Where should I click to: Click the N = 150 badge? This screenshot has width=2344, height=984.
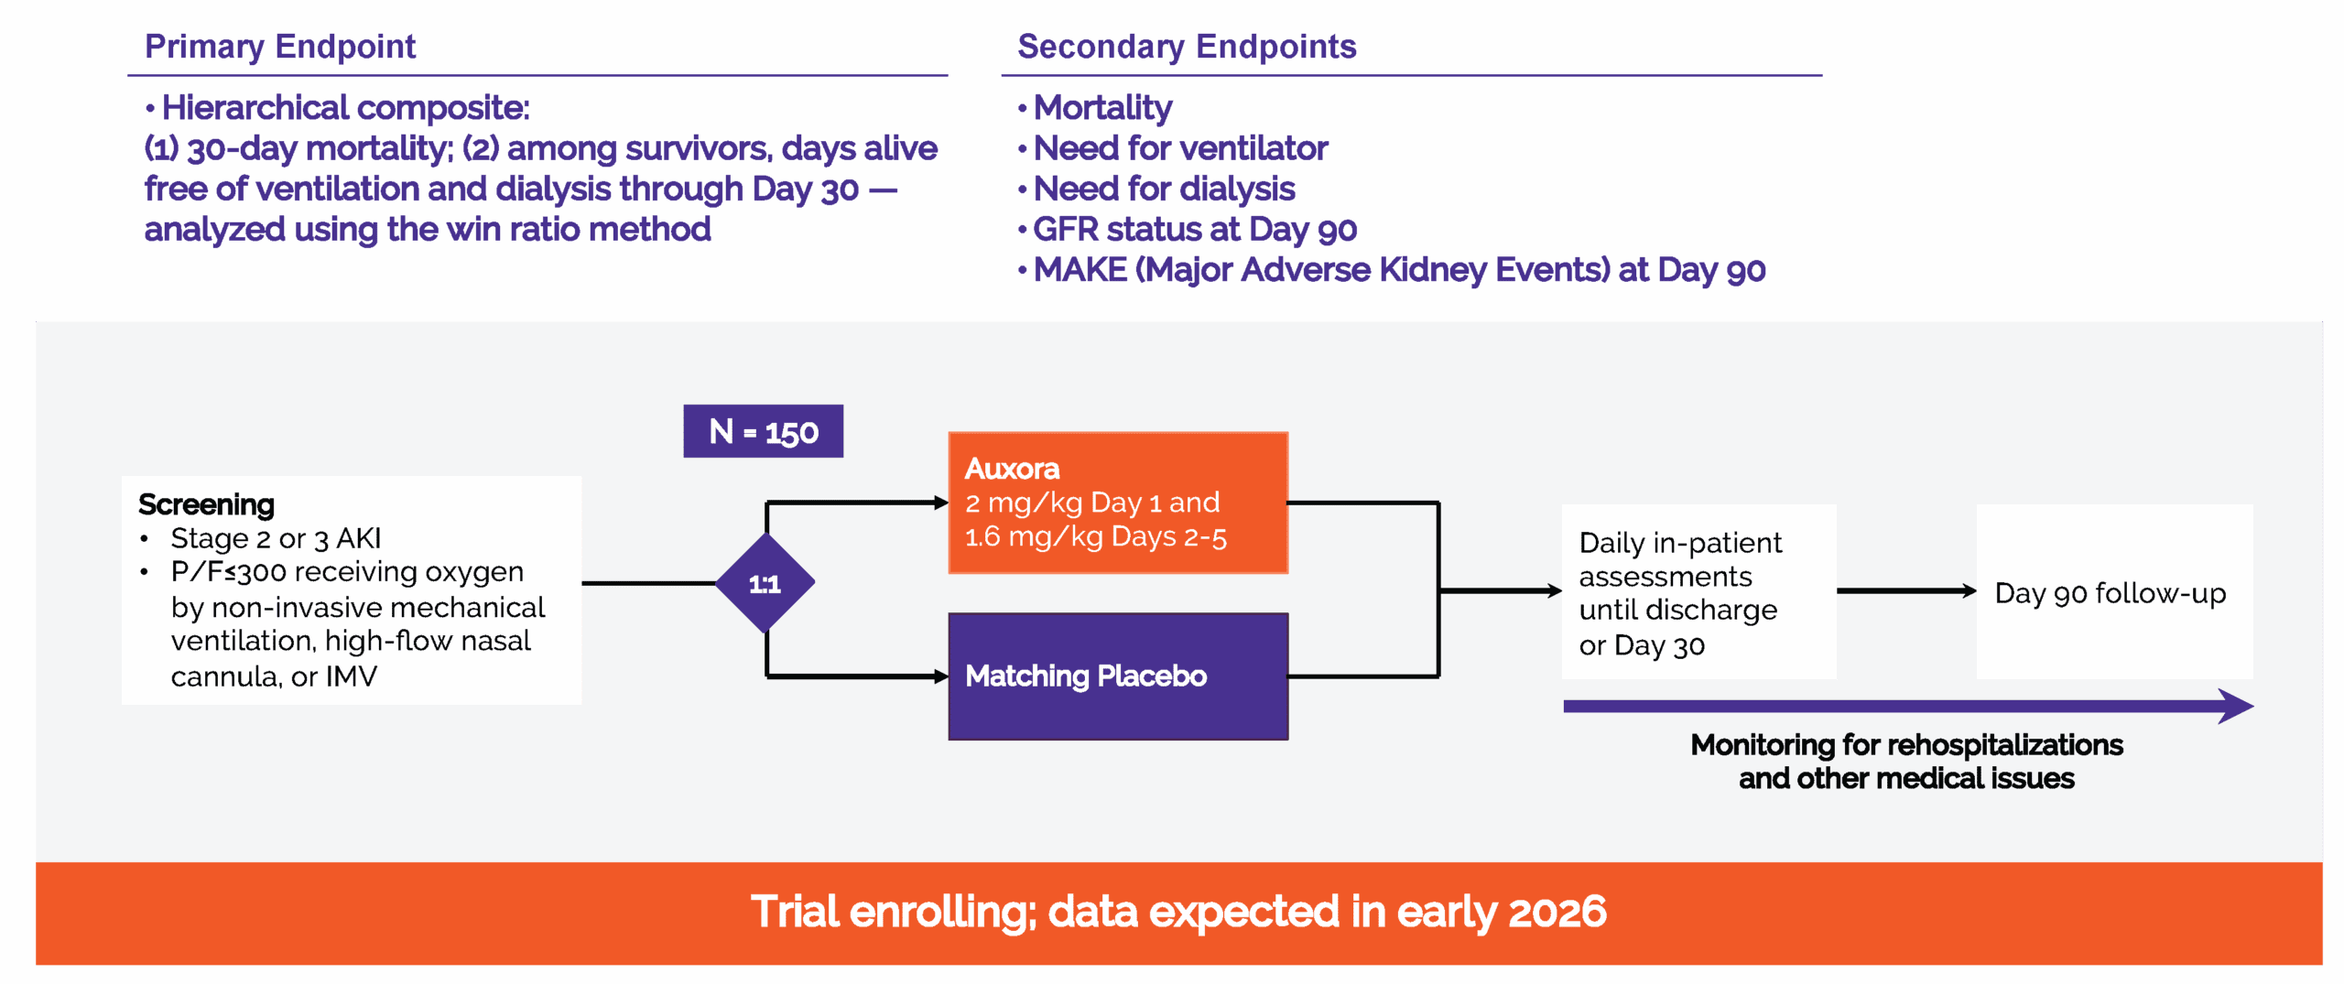tap(763, 431)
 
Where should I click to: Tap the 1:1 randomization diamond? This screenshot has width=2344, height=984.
tap(765, 583)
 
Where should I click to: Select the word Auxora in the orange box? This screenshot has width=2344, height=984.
tap(1012, 469)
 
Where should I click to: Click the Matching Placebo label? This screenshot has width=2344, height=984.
tap(1086, 676)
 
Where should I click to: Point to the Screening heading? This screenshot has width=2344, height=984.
tap(206, 504)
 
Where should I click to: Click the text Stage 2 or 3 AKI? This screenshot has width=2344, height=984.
tap(276, 538)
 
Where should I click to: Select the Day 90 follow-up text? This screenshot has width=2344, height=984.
tap(2110, 593)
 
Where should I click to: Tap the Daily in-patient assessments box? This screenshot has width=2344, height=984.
tap(1698, 592)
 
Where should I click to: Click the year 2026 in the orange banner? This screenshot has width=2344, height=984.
tap(1557, 912)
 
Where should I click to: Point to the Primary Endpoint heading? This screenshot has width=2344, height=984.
tap(280, 46)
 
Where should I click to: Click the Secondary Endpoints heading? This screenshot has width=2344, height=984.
tap(1187, 46)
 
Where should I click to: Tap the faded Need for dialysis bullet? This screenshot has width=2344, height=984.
tap(1163, 189)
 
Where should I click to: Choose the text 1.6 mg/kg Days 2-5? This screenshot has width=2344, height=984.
tap(1095, 536)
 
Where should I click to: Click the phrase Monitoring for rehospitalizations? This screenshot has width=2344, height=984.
tap(1906, 745)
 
